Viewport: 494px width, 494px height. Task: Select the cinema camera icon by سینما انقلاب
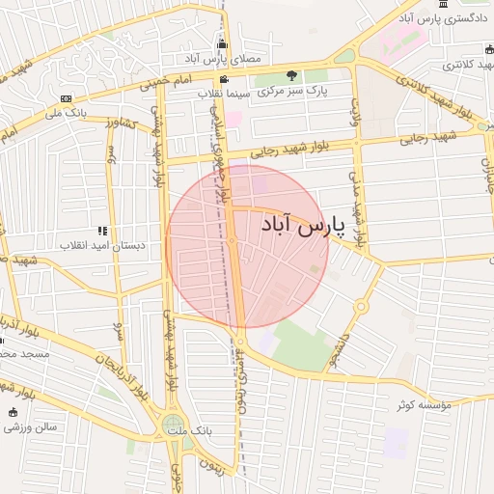coord(224,79)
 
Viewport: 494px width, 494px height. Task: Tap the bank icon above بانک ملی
coord(66,98)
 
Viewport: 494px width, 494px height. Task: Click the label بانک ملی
coord(66,113)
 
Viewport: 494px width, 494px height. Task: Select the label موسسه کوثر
coord(424,404)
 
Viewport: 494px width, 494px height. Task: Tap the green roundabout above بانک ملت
coord(173,423)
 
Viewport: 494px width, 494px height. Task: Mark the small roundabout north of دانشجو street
coord(361,306)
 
